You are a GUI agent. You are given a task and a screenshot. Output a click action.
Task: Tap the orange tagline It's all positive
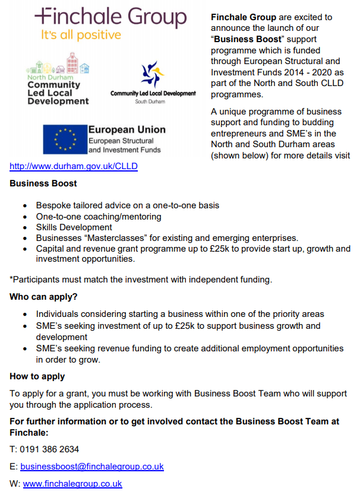pos(81,35)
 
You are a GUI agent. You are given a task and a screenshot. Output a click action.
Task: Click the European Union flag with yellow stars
pos(64,139)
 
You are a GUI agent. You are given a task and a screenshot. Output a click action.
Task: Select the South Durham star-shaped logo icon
pos(153,74)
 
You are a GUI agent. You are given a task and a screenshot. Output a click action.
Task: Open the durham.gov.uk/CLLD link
pos(74,166)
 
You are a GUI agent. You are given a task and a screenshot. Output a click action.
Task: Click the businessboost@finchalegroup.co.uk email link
pos(92,467)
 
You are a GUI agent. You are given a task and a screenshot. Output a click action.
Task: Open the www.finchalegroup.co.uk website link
pos(72,484)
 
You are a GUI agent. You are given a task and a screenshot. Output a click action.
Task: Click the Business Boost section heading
pos(43,184)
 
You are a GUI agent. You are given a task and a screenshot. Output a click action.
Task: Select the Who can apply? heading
pos(43,297)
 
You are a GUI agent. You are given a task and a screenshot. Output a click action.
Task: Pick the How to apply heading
pos(37,376)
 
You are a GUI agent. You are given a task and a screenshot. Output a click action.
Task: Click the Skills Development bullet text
pos(74,227)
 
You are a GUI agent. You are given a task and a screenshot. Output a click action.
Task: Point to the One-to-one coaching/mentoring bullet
pos(99,217)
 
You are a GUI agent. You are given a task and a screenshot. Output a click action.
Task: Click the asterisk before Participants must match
pos(11,279)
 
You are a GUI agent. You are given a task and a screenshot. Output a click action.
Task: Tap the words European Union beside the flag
pos(127,129)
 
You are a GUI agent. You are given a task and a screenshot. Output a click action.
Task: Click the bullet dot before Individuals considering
pos(24,315)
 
